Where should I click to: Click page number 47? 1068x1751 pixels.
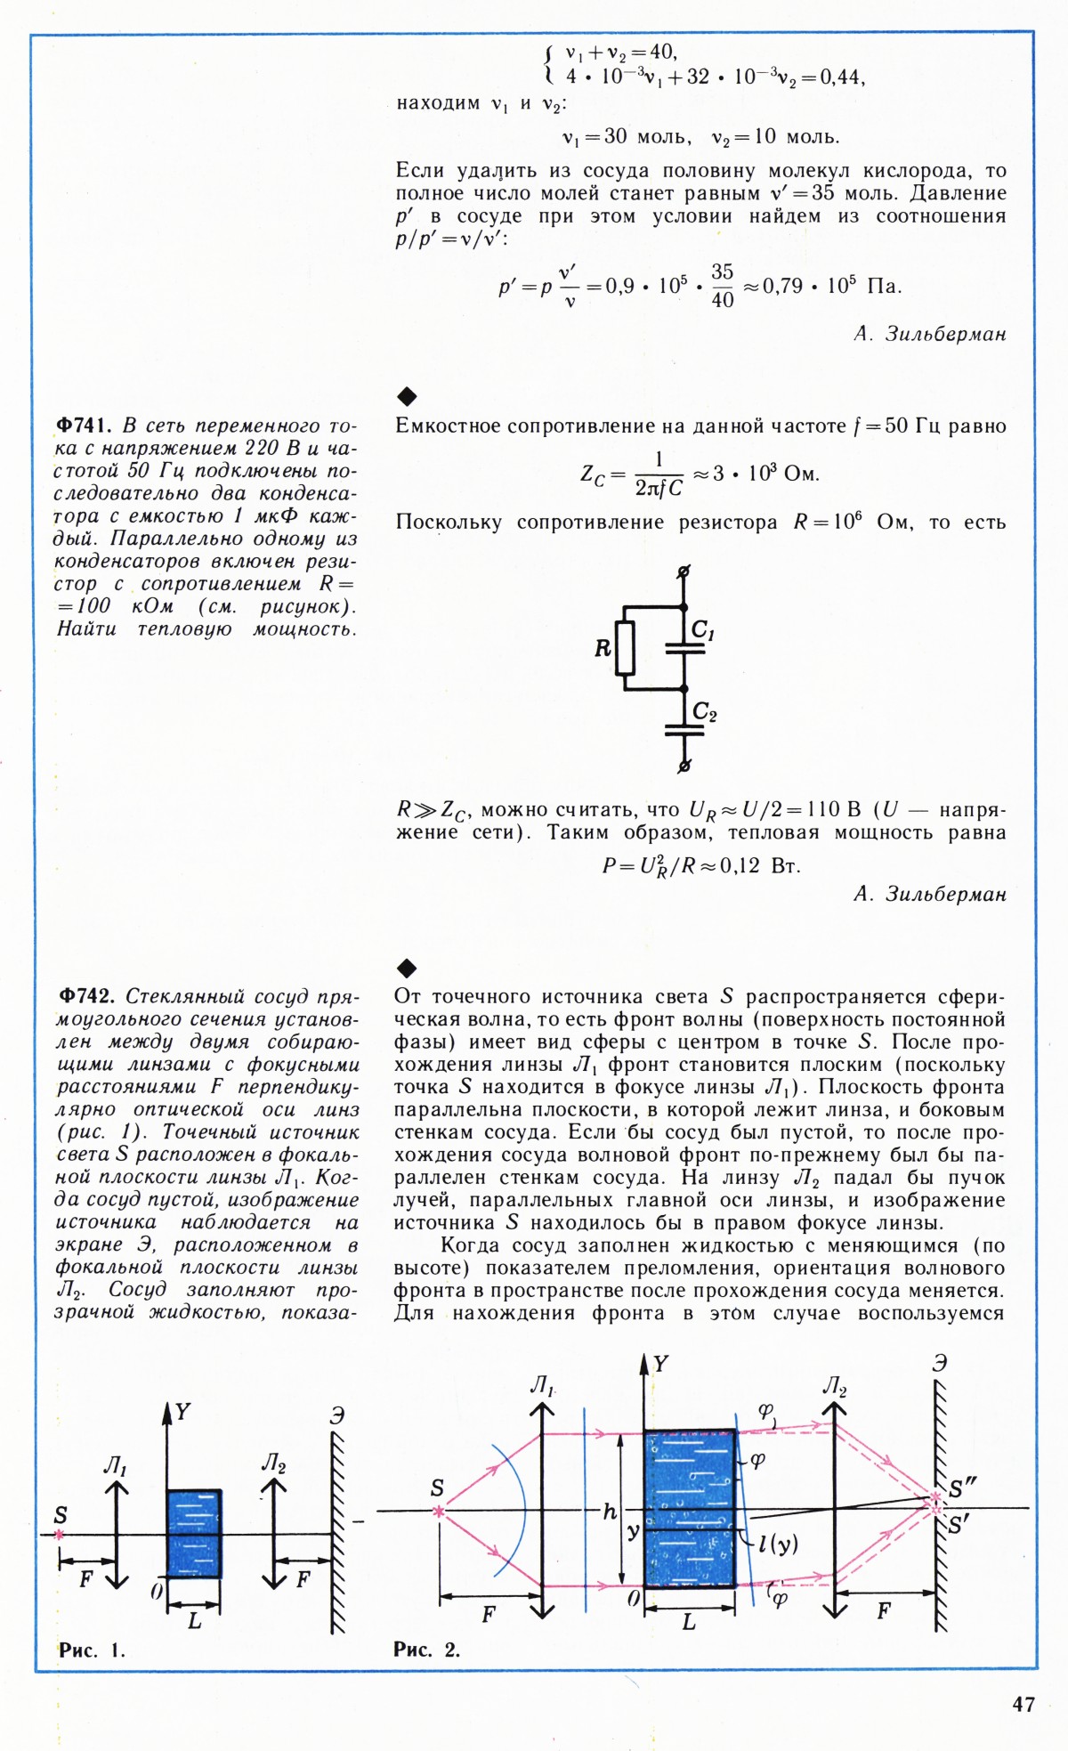(x=1023, y=1704)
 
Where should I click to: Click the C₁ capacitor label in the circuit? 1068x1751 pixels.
(x=703, y=630)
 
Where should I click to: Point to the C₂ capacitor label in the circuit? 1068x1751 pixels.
(x=704, y=712)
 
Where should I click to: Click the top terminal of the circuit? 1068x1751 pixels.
(x=684, y=572)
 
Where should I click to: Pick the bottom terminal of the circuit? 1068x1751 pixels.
(x=684, y=765)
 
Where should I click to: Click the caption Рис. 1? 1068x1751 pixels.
(x=92, y=1650)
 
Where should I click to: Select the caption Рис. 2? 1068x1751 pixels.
(x=426, y=1650)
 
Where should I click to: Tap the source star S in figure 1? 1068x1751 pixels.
(x=60, y=1535)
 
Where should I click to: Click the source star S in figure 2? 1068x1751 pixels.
(x=438, y=1511)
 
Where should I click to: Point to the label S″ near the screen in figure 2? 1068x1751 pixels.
(x=963, y=1488)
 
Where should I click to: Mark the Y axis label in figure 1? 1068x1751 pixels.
(x=182, y=1412)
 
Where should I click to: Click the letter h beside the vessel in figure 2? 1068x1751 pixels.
(x=610, y=1512)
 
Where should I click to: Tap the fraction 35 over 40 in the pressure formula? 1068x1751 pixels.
(x=722, y=286)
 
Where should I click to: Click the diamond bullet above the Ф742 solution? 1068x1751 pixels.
(x=406, y=968)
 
